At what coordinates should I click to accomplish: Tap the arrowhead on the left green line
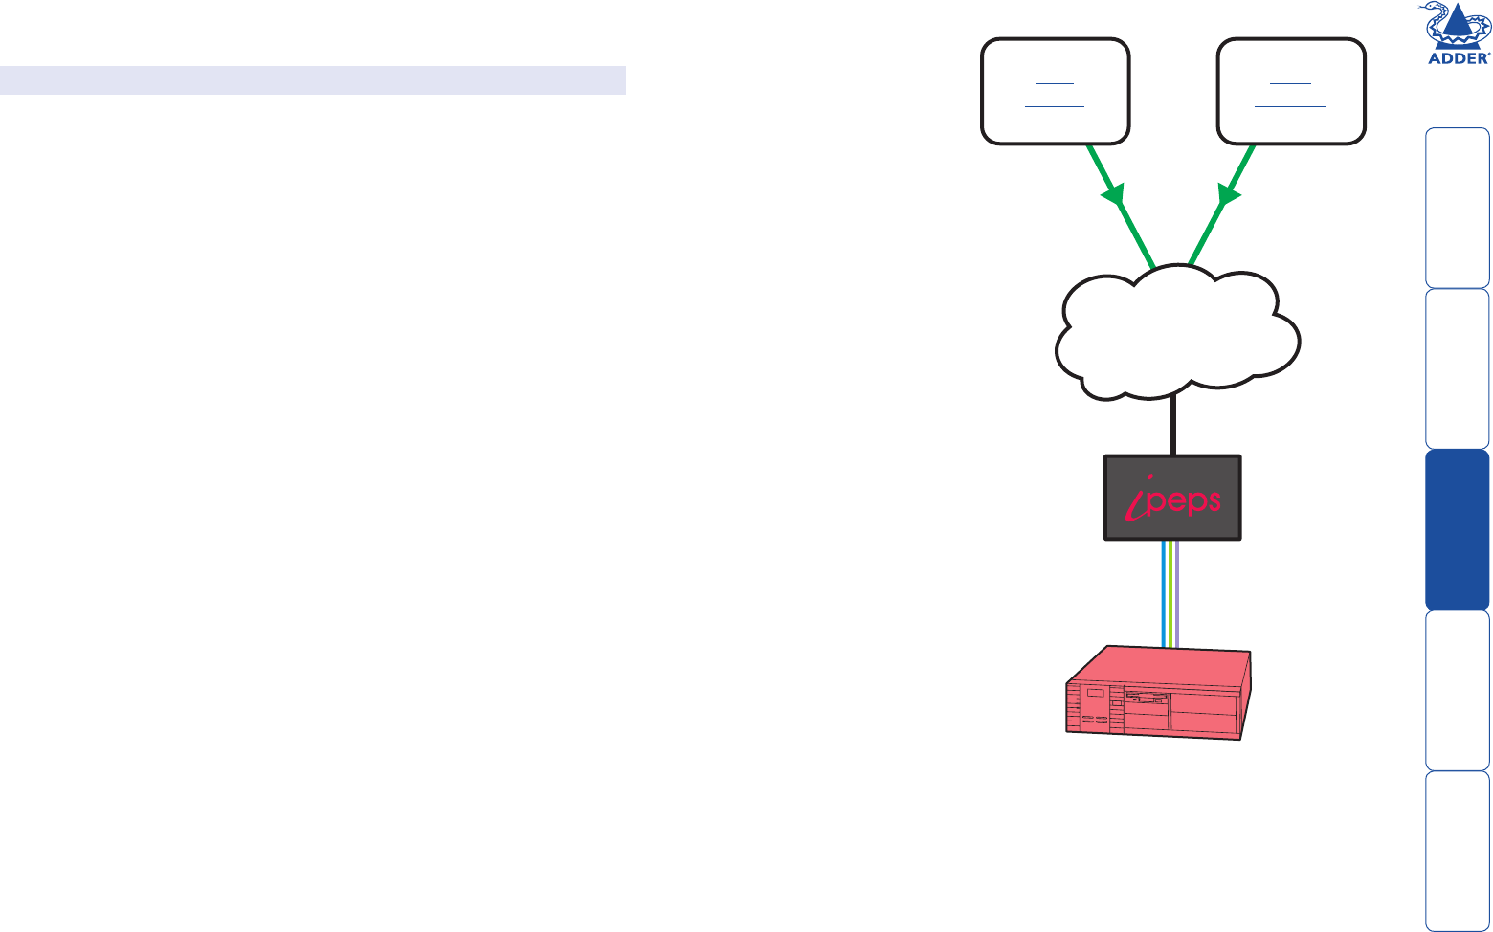point(1113,198)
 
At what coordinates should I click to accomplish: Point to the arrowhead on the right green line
point(1229,198)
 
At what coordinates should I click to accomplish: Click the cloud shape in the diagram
point(1177,335)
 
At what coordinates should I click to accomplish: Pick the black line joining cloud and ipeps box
point(1173,426)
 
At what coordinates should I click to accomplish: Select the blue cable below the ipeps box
point(1164,593)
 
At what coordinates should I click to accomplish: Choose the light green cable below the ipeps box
point(1171,593)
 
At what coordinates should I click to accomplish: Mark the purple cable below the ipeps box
point(1178,593)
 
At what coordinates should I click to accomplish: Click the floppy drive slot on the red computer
point(1148,697)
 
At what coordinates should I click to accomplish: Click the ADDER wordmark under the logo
point(1459,57)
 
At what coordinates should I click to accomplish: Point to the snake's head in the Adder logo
point(1433,11)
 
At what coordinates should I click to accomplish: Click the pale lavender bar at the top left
point(313,80)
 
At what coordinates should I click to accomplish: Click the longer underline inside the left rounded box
point(1055,105)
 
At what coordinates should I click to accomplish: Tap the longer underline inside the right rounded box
point(1290,105)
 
